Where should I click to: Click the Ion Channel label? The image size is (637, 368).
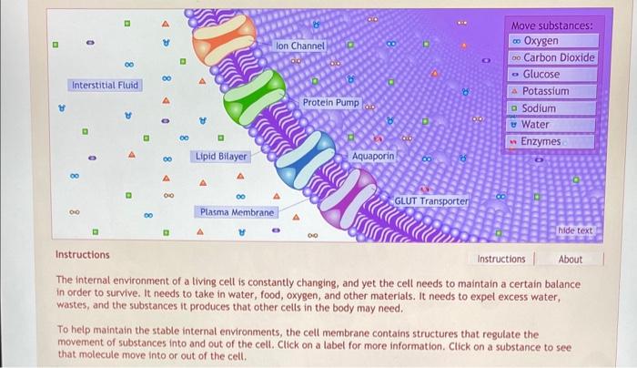tap(300, 45)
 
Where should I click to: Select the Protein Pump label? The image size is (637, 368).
tap(331, 103)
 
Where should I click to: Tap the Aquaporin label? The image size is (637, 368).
tap(373, 157)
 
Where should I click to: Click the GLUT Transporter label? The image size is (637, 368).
tap(431, 200)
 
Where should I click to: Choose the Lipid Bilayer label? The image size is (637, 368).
tap(221, 157)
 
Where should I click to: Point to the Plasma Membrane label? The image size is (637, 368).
tap(237, 212)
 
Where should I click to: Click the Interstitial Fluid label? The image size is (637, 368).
tap(105, 85)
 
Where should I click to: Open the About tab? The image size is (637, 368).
tap(571, 259)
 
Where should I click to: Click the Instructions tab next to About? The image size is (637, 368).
tap(501, 259)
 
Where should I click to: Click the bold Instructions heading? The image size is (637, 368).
tap(83, 255)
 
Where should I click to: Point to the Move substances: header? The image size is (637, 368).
tap(552, 26)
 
